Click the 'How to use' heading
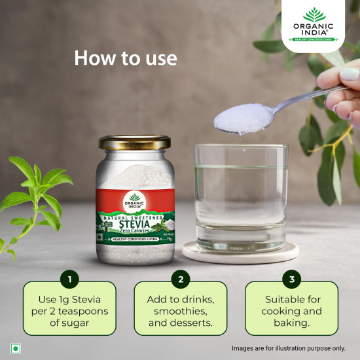[x=126, y=58]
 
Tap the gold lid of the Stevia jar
[x=134, y=142]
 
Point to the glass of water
[x=241, y=197]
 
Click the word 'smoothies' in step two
[x=181, y=311]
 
